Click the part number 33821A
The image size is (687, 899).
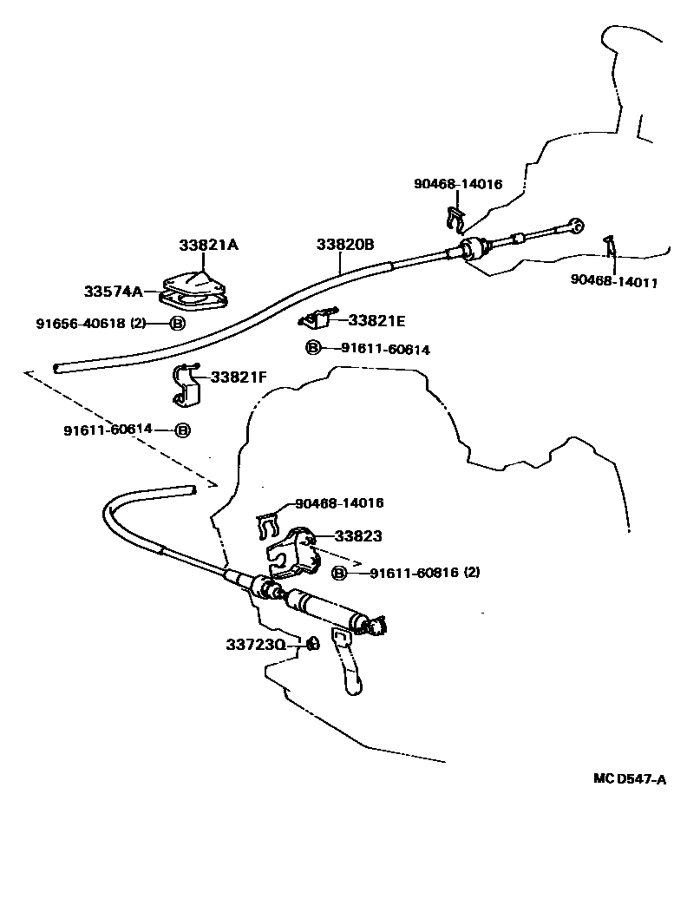point(208,245)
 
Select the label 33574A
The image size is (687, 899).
point(114,292)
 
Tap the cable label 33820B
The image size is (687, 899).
point(345,245)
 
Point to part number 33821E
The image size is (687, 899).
point(376,320)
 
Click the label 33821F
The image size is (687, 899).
point(239,377)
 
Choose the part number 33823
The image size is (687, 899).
point(358,536)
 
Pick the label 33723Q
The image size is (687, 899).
point(256,645)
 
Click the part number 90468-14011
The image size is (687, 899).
point(613,281)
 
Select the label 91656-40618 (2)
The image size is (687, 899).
point(91,324)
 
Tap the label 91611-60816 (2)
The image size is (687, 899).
point(424,572)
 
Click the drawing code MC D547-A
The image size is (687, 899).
point(630,779)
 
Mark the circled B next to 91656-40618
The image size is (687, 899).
point(177,324)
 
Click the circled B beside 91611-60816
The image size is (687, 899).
point(340,573)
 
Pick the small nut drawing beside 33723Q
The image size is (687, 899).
point(311,644)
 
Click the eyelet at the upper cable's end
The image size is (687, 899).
point(576,226)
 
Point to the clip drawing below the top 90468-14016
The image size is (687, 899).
point(455,220)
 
